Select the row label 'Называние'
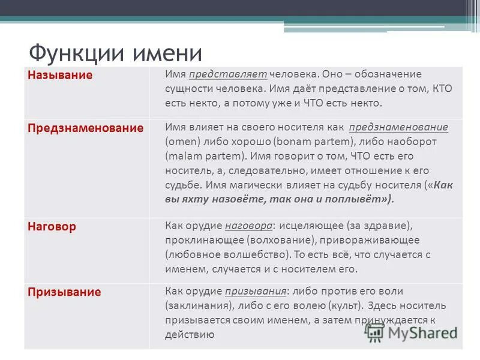coord(59,76)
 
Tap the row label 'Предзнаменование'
coord(85,128)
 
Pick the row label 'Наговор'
coord(52,227)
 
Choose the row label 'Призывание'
coord(64,292)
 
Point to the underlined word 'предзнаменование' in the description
coord(398,128)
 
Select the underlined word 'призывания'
coord(256,292)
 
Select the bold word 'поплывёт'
coord(367,200)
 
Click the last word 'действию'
coord(190,335)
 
